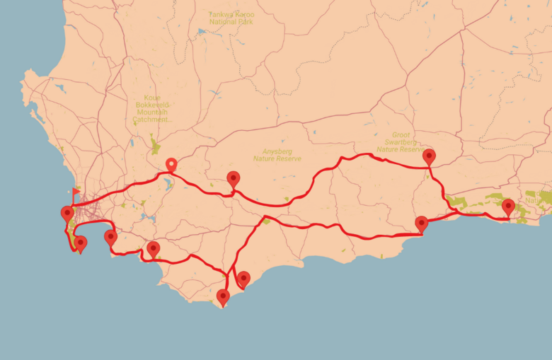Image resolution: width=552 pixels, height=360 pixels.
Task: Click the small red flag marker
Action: coord(75,192)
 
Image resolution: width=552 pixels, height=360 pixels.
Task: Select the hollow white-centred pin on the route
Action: coord(171,166)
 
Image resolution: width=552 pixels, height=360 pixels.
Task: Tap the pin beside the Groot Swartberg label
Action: coord(429,157)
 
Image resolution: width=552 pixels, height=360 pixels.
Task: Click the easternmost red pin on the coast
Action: coord(508,207)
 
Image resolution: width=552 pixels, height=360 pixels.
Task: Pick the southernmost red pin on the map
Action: coord(223,297)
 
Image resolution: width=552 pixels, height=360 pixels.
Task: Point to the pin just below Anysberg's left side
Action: coord(234,179)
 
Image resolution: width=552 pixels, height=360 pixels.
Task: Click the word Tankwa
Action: coord(221,14)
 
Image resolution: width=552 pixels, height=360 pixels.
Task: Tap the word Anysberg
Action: coord(277,151)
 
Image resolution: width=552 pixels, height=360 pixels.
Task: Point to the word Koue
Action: coord(151,97)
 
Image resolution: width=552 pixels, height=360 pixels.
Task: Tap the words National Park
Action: coord(232,22)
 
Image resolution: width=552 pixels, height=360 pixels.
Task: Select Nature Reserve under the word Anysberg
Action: coord(277,158)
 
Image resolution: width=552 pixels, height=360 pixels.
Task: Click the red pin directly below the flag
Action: coord(68,213)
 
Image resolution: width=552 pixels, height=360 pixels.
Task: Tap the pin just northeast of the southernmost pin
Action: coord(243,280)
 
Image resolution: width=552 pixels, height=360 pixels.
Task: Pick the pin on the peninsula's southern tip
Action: coord(81,244)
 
